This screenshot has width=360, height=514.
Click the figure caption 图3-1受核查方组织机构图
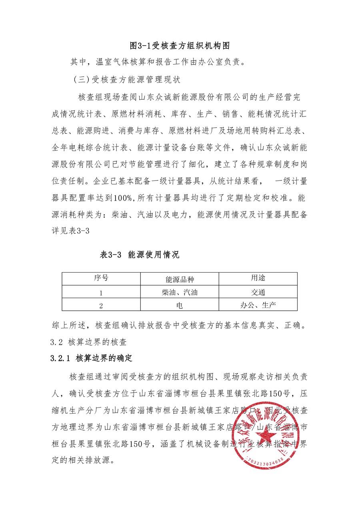tap(180, 45)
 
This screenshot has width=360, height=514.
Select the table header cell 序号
tap(101, 278)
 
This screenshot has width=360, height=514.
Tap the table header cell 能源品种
tap(180, 279)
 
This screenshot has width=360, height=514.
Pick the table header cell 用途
tap(258, 278)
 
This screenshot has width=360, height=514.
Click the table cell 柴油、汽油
tap(180, 292)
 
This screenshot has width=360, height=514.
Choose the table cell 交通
tap(258, 292)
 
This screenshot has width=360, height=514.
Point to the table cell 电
tap(180, 305)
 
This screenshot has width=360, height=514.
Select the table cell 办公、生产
tap(258, 305)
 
